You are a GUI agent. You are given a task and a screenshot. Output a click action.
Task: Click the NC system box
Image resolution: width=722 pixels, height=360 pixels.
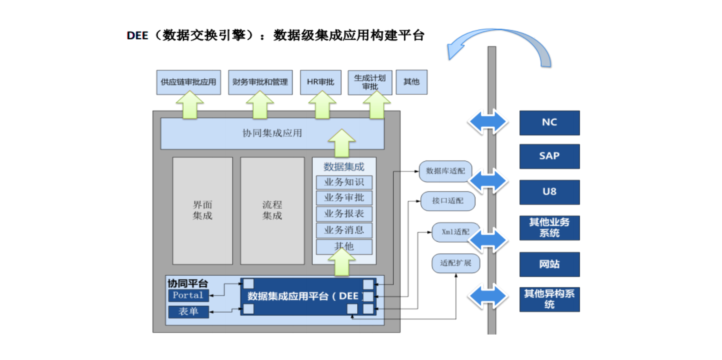549,123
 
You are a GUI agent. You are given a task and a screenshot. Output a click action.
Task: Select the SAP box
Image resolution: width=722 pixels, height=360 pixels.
549,156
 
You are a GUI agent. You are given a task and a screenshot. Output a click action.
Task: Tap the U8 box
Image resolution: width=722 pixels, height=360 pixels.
549,192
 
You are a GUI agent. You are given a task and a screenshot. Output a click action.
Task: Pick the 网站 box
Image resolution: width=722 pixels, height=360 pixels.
549,264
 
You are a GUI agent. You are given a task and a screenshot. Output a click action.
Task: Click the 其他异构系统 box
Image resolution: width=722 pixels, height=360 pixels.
549,299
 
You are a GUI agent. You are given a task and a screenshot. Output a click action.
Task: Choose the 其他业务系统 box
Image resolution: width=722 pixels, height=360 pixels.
549,228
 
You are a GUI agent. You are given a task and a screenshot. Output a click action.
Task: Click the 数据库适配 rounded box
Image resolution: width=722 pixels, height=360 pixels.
445,171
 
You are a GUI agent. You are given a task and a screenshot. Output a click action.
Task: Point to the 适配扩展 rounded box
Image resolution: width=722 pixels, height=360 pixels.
456,263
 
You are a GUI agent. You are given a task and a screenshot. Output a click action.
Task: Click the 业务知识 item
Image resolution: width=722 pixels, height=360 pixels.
344,182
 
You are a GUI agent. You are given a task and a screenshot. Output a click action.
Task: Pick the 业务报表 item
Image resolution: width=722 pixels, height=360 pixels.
344,214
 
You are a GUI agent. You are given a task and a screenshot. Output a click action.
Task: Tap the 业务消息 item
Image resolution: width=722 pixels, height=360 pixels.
344,230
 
